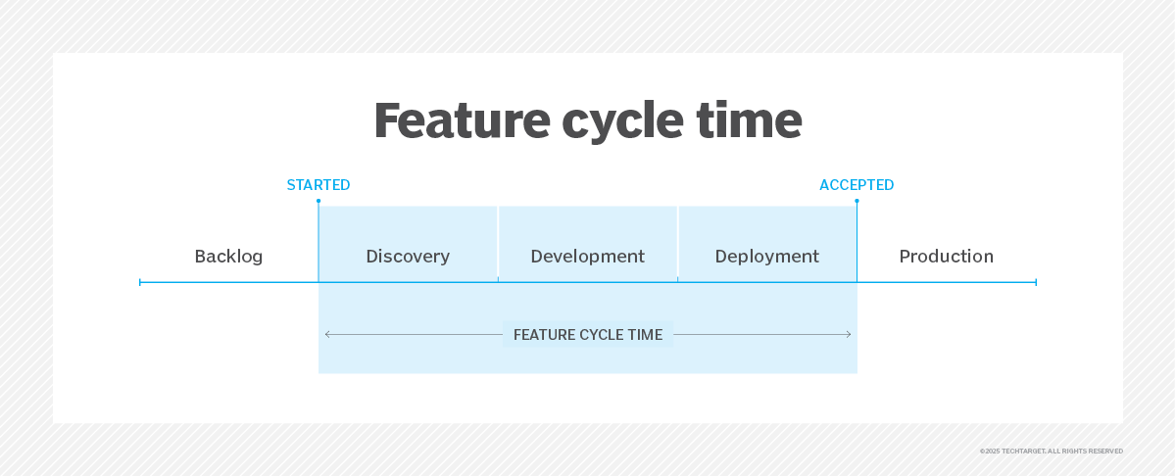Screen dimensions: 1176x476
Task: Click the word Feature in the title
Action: [462, 120]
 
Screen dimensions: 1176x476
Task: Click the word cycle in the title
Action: [622, 125]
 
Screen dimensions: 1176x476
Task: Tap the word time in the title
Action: [749, 120]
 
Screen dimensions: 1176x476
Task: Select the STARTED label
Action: [318, 185]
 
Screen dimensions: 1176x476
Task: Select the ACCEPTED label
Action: [857, 185]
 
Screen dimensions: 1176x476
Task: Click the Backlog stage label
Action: [228, 257]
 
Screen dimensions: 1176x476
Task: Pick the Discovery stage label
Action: [408, 257]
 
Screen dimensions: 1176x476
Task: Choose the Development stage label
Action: [587, 257]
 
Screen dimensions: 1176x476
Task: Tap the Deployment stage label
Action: [767, 257]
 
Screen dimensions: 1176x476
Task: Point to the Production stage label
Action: [947, 257]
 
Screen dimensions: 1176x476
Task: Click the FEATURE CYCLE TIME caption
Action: [588, 334]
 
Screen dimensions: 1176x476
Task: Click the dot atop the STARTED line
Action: [318, 201]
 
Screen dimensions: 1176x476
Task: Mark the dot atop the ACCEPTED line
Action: [857, 201]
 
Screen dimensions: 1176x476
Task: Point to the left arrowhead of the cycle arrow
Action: [327, 334]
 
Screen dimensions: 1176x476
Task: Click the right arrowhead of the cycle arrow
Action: [849, 334]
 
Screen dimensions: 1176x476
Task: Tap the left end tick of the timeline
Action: [139, 282]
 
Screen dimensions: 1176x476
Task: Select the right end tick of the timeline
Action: [1036, 282]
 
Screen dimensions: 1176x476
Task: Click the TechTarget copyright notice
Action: [1051, 452]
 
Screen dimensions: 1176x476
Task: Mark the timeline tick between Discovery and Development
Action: [498, 280]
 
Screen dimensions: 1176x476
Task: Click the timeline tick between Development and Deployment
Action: [677, 280]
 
